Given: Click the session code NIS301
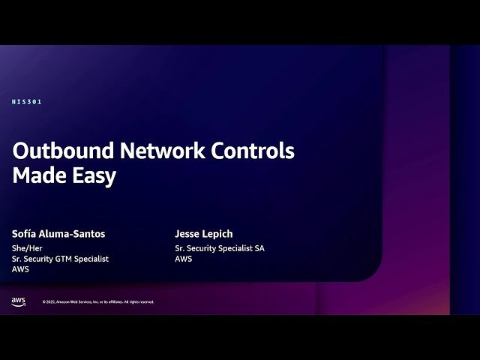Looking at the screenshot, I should click(27, 102).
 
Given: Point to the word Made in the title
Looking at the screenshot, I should click(37, 175).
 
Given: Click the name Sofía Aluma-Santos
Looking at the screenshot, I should click(58, 234).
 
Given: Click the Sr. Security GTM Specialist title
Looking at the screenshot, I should click(61, 259).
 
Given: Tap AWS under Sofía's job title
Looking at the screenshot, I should click(21, 269).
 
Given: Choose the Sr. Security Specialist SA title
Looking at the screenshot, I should click(220, 248).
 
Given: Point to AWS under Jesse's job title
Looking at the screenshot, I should click(184, 259).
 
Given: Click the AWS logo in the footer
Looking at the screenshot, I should click(19, 301).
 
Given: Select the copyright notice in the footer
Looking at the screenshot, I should click(98, 302).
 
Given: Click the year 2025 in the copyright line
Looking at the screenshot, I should click(51, 302).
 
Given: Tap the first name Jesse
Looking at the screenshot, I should click(187, 234).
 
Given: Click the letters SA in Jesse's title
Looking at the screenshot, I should click(259, 248).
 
